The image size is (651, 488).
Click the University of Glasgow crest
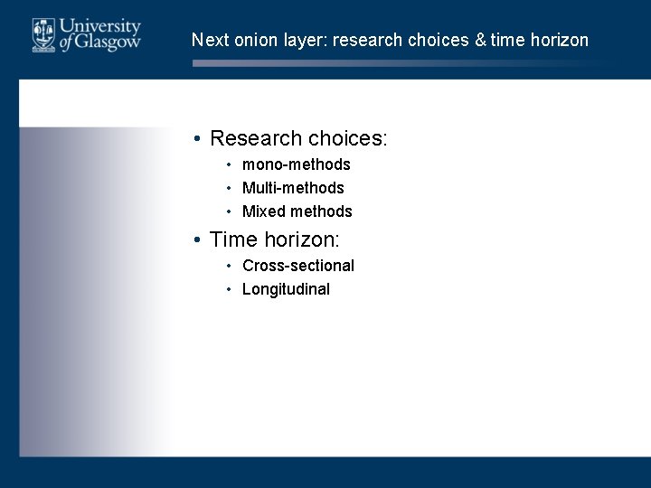coord(42,34)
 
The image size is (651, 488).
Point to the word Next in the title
coord(209,40)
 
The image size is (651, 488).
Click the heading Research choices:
coord(298,138)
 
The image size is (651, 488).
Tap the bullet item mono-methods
coord(296,164)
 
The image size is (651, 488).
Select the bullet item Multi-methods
coord(293,188)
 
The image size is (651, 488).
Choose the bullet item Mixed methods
coord(297,211)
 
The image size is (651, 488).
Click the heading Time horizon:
coord(274,240)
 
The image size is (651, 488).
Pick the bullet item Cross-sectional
coord(297,266)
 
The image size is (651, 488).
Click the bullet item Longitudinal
coord(286,289)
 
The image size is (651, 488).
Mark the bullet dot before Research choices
coord(195,139)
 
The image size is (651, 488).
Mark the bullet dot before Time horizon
coord(195,241)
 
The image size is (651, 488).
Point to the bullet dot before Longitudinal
coord(231,289)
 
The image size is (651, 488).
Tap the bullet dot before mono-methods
coord(231,164)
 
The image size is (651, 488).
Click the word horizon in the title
coord(558,40)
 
